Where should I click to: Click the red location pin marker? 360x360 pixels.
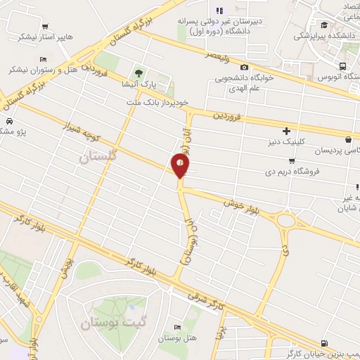coord(181,165)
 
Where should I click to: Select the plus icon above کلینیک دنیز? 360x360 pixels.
coord(287,130)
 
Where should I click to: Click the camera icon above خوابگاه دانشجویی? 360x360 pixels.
coord(244,66)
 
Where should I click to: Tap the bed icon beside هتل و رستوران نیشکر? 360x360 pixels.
coord(43,58)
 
